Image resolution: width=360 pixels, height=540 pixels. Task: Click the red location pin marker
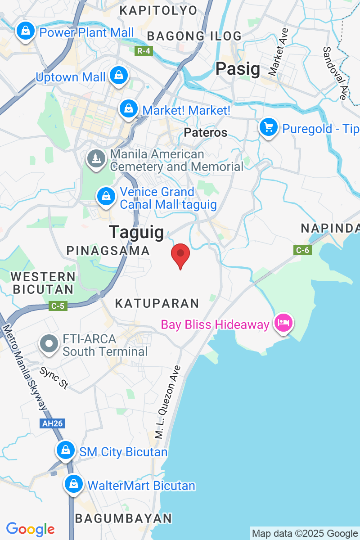coord(180,255)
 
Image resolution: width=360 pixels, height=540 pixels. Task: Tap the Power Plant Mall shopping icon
coord(26,31)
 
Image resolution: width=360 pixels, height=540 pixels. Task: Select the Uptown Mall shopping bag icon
coord(119,75)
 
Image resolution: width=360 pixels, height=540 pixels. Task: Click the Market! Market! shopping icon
coord(129,108)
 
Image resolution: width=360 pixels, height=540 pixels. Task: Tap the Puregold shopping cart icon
coord(269,127)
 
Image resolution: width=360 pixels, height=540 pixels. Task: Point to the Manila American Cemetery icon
coord(96,158)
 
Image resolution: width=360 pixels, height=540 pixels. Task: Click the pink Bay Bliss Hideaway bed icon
coord(284,323)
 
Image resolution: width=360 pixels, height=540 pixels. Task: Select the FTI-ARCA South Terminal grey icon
coord(49,344)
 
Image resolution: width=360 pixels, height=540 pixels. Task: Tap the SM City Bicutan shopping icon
coord(66,450)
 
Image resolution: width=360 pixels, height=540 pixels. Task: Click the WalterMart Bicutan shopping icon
coord(73,484)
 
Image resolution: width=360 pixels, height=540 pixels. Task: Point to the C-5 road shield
coord(58,306)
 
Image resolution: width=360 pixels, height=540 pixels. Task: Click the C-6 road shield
coord(302,250)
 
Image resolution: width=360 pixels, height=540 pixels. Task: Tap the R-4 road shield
coord(144,51)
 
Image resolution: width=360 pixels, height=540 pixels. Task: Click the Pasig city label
coord(238,69)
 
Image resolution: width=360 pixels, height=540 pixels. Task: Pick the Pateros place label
coord(206,132)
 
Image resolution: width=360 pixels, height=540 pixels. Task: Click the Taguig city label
coord(136,232)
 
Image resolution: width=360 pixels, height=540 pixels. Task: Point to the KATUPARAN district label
coord(157,303)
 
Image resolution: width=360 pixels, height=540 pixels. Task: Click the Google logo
coord(30,529)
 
